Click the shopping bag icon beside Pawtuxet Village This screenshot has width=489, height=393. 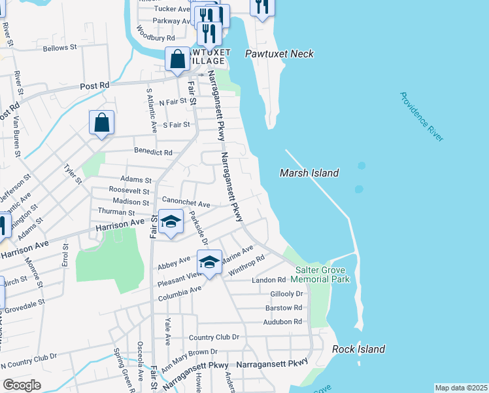(x=177, y=59)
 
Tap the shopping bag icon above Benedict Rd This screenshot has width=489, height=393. (x=102, y=122)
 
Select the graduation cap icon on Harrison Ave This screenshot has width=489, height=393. (x=171, y=221)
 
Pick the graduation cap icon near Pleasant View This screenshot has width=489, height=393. (x=209, y=263)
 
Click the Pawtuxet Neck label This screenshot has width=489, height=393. (x=279, y=54)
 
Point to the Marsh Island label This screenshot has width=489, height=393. (x=309, y=173)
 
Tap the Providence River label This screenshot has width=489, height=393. (x=422, y=117)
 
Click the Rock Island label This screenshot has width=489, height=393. (x=358, y=349)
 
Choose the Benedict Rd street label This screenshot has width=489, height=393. (x=154, y=153)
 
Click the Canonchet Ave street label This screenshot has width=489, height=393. (x=181, y=204)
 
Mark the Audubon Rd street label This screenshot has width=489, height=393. (x=283, y=322)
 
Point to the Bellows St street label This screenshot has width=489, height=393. (x=59, y=48)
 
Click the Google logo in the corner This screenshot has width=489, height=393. (x=22, y=385)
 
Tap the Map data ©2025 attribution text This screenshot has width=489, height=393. (x=461, y=388)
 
